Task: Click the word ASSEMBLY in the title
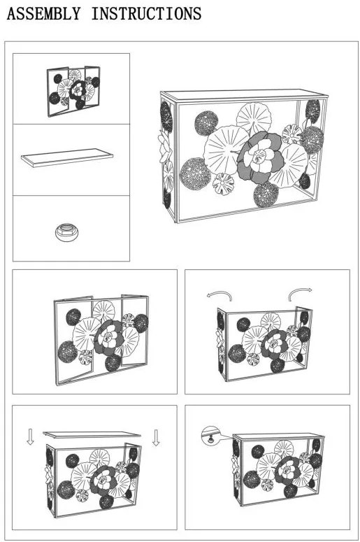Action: point(43,13)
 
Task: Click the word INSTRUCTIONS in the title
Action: point(146,13)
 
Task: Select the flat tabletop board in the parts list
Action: point(67,157)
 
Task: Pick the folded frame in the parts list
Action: point(73,91)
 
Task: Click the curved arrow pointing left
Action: point(219,294)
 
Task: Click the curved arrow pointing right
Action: point(300,293)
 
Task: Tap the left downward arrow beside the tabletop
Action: point(30,437)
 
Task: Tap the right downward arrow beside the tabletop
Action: point(156,438)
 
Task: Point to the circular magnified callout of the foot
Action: point(210,435)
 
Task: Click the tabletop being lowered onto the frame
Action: point(92,434)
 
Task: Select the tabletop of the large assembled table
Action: point(244,95)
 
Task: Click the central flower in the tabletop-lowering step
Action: point(103,480)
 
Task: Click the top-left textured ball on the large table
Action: point(206,123)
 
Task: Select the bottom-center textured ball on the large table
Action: point(266,194)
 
